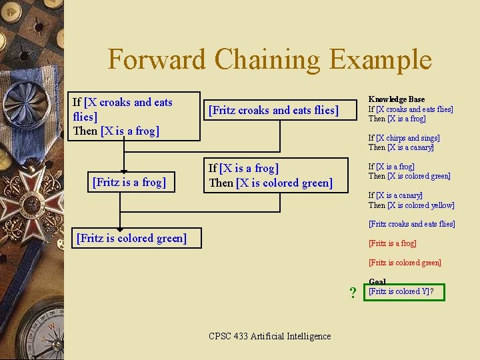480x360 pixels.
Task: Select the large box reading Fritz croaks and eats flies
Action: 274,110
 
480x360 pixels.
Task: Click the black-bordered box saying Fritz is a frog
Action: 129,181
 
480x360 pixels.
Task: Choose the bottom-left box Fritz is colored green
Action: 132,237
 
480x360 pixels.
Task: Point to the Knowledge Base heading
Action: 396,99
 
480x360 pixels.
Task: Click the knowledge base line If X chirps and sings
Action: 404,138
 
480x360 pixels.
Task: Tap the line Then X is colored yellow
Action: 411,205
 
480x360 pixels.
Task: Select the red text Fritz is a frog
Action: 392,243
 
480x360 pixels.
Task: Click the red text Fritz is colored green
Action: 405,263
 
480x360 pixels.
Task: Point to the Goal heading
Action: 377,282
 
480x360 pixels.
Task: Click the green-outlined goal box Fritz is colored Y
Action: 405,292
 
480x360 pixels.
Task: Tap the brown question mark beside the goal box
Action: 353,293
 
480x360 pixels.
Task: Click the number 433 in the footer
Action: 241,336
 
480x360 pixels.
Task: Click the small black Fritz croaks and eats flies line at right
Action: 411,224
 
